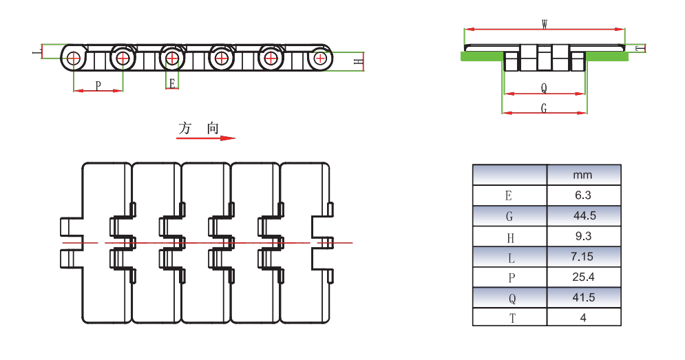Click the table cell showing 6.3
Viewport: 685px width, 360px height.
pos(583,195)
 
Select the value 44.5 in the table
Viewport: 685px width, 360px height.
pos(583,216)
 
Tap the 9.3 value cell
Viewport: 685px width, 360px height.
pos(583,237)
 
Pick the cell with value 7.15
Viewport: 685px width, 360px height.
pos(583,257)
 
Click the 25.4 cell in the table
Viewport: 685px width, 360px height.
pos(583,277)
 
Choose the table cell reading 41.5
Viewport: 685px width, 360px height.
pos(583,297)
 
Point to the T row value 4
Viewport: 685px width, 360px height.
pos(583,317)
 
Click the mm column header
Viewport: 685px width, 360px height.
pos(583,175)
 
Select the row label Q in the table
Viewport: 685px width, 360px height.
pos(509,297)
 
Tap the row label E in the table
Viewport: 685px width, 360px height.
pos(509,195)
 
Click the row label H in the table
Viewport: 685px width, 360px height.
pos(509,237)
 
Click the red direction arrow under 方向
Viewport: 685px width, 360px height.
pos(206,138)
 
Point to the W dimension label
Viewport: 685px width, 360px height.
pos(545,24)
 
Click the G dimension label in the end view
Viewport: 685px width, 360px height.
pos(544,108)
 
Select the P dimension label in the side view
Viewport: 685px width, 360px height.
pos(98,85)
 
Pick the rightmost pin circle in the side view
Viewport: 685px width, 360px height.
pos(319,58)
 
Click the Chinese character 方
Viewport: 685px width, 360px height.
pos(185,128)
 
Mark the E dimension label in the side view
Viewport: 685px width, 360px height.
pos(172,83)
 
